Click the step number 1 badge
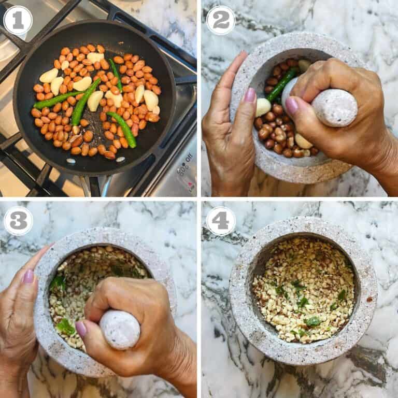[x=18, y=20]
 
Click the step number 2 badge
[x=221, y=20]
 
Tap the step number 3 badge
[x=18, y=221]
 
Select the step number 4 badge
[x=221, y=221]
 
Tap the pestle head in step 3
[x=120, y=330]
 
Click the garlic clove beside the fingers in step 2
[x=263, y=108]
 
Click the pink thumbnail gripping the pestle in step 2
[x=292, y=106]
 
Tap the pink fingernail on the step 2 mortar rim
[x=250, y=95]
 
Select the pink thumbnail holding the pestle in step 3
[x=81, y=329]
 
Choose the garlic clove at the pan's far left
[x=49, y=76]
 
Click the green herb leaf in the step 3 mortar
[x=65, y=326]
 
